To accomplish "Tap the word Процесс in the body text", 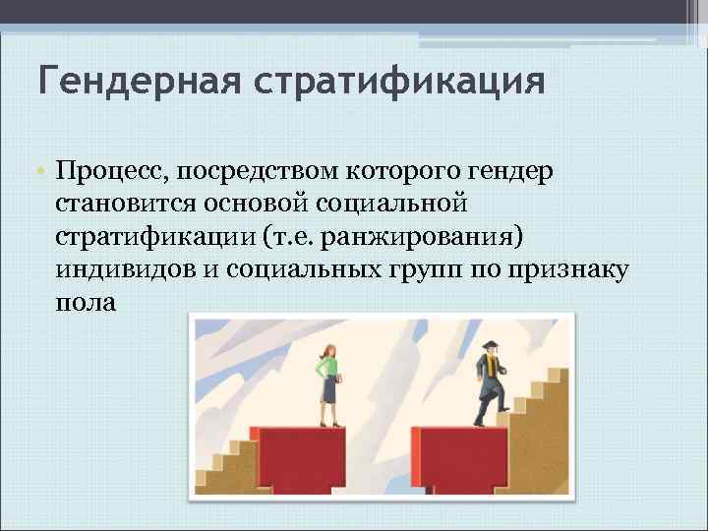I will point(109,173).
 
